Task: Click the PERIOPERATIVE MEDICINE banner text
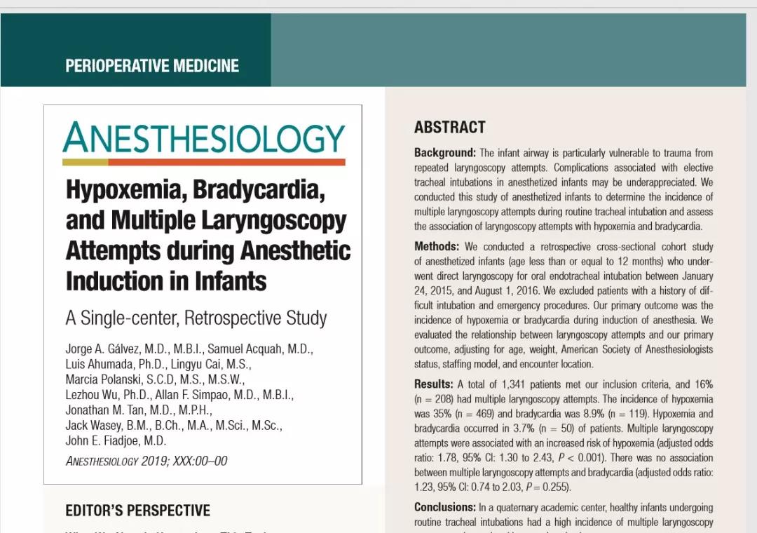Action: click(152, 66)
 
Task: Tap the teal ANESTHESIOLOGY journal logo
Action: click(204, 138)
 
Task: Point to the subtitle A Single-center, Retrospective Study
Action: click(196, 318)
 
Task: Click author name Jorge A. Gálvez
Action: click(104, 349)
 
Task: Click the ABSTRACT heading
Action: click(449, 128)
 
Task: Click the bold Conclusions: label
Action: click(445, 507)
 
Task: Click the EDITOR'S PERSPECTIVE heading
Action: click(137, 510)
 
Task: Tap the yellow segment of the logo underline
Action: click(85, 162)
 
